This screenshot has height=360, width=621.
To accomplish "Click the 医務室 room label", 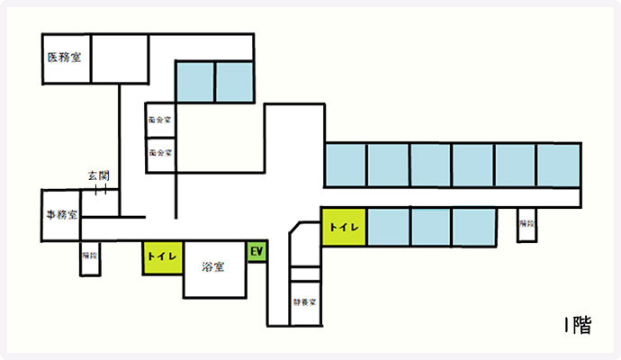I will tap(65, 57).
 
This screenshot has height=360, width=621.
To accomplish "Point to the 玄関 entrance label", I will tap(98, 175).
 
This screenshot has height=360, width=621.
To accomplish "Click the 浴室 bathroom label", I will tap(213, 266).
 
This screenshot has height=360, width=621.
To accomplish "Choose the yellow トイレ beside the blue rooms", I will tap(345, 227).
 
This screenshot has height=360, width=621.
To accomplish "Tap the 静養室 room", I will tap(305, 302).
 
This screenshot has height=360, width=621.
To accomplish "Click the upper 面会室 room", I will tap(160, 118).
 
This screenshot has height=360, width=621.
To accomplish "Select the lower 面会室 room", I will tap(160, 153).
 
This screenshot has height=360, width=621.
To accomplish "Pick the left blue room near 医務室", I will tap(194, 82).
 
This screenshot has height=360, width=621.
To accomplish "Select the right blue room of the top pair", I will tap(235, 82).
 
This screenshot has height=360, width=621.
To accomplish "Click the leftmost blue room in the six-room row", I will tap(345, 165).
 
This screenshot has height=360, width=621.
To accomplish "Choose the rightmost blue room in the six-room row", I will tap(558, 165).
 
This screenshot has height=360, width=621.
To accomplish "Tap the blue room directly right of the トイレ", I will tap(388, 227).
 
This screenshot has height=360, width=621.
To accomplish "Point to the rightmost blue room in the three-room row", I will tap(474, 227).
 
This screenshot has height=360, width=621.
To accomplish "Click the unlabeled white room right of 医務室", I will tap(120, 58).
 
